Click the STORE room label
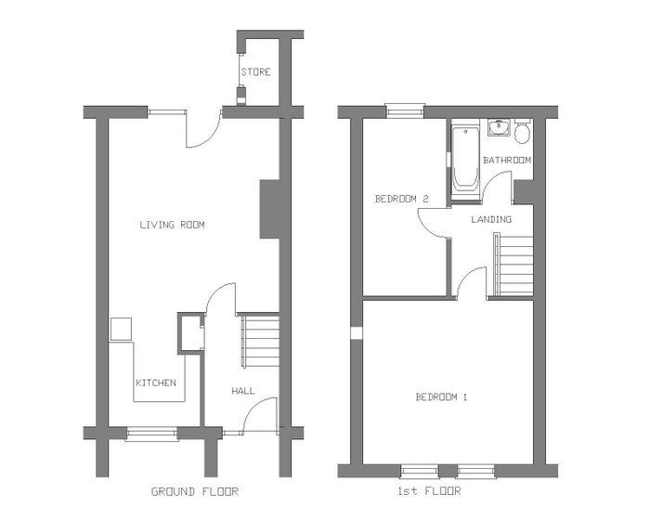point(255,72)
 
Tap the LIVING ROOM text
point(172,225)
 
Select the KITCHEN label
point(156,383)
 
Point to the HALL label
point(243,391)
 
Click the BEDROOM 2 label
point(401,199)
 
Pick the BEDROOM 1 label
point(441,397)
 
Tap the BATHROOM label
point(507,160)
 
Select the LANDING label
point(491,219)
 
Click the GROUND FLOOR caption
point(195,492)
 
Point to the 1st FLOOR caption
point(429,491)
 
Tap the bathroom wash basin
point(499,128)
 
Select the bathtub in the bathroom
point(465,160)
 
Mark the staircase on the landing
point(513,266)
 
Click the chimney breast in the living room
point(269,210)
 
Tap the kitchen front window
point(152,435)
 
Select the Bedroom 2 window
point(405,110)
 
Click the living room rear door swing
point(203,130)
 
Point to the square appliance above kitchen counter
point(121,330)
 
